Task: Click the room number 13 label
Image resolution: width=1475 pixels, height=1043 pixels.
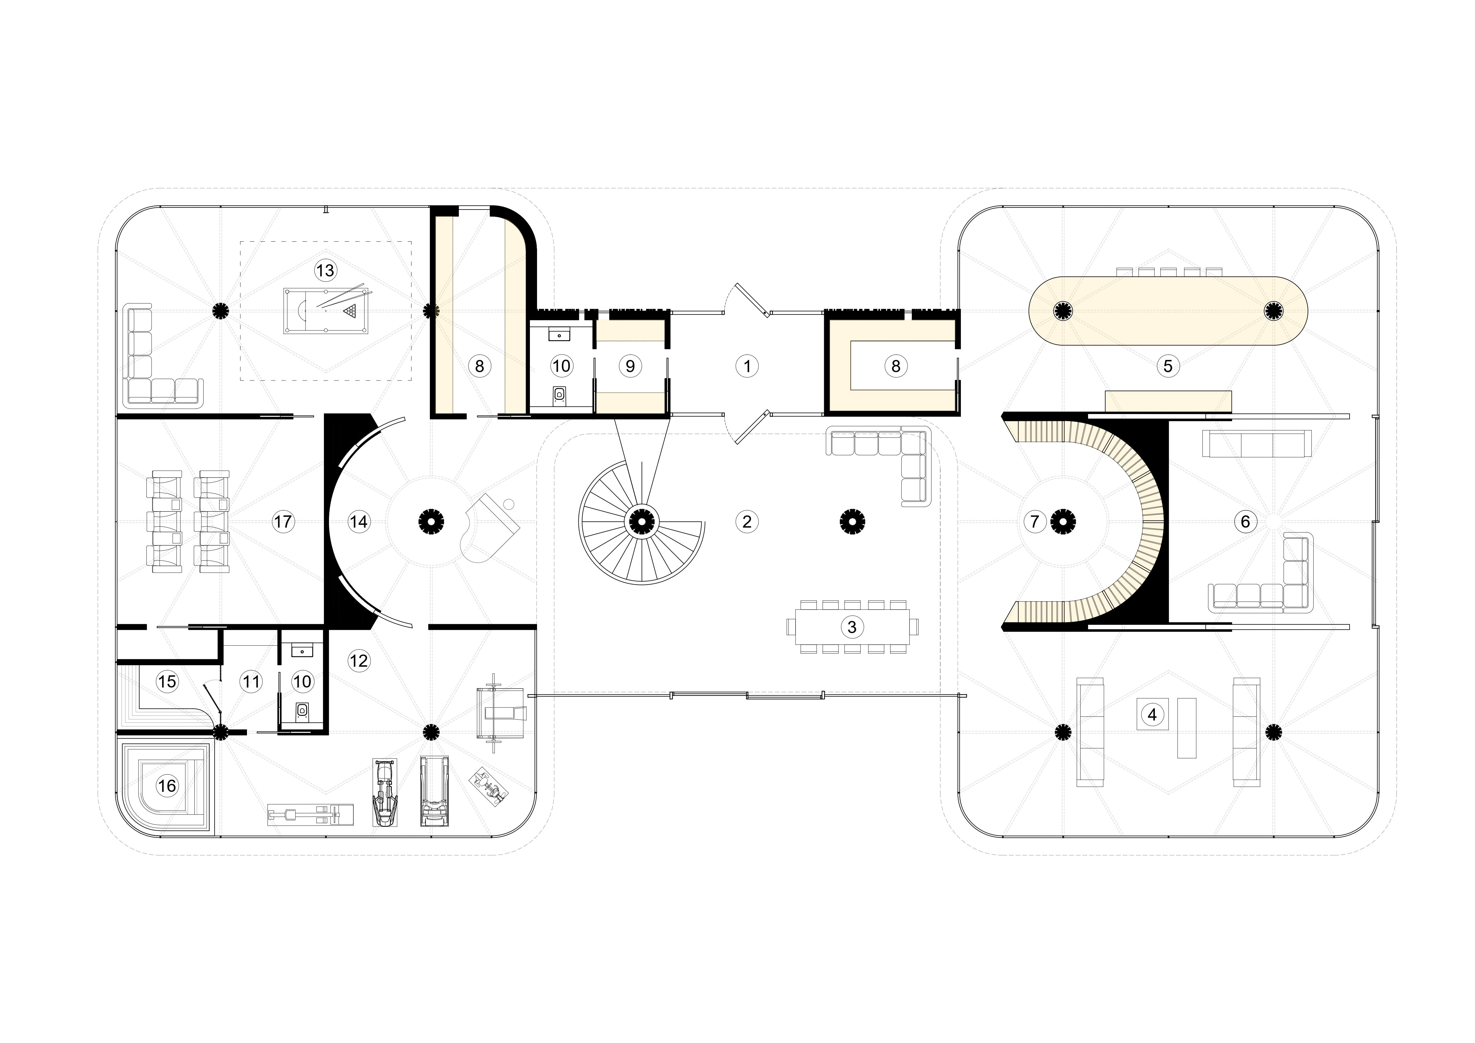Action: (325, 270)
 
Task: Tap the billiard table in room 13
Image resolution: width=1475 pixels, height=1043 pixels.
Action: (326, 311)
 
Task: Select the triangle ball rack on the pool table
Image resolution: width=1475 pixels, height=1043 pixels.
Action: (350, 311)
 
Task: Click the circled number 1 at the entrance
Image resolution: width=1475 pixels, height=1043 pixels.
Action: (747, 366)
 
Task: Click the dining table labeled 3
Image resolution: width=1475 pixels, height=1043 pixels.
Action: (852, 627)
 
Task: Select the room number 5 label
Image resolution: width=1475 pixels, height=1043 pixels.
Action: (1168, 366)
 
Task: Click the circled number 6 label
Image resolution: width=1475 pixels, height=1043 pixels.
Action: (1245, 521)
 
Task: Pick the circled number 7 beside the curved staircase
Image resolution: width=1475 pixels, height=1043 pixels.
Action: (1034, 521)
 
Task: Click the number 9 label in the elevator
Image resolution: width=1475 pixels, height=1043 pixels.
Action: (630, 366)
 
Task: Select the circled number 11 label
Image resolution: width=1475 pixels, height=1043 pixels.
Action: (251, 681)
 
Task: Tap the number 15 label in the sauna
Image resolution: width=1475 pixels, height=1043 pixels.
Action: (167, 681)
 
